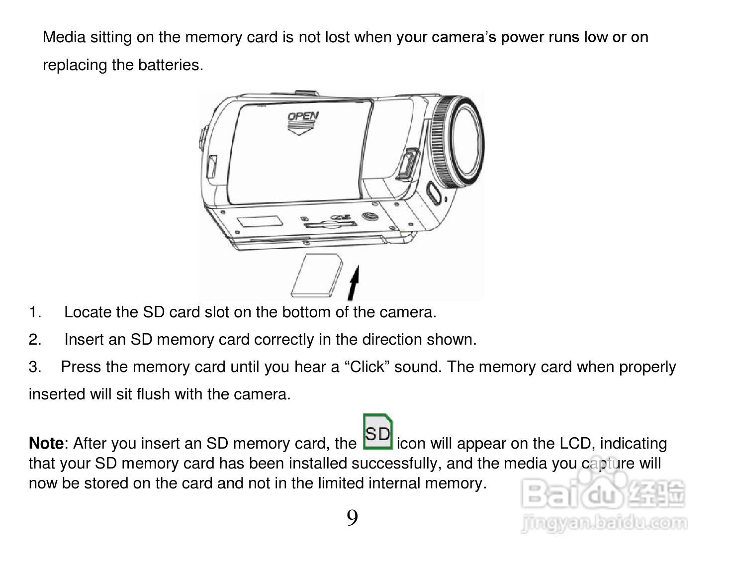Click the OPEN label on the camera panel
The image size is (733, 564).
(303, 117)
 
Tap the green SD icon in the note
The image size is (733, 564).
(378, 432)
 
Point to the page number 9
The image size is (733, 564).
(352, 519)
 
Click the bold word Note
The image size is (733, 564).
(46, 443)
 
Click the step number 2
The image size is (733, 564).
(35, 340)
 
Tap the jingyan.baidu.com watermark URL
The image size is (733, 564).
(605, 523)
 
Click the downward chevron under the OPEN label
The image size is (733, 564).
(301, 130)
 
